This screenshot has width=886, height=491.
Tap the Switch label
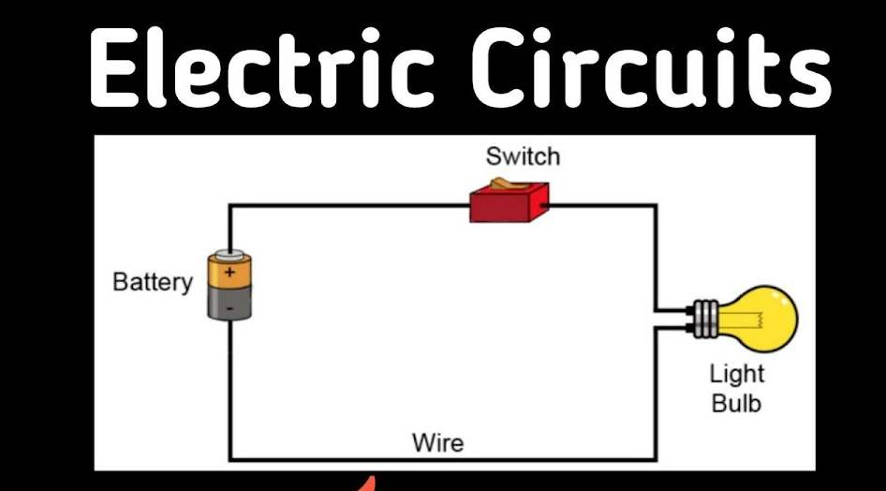(x=521, y=156)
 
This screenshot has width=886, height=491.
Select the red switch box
(x=508, y=203)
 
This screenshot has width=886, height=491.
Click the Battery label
(x=152, y=281)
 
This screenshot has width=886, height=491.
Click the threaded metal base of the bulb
(x=706, y=318)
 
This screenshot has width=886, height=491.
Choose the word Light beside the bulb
(x=737, y=374)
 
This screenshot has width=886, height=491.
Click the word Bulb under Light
(x=737, y=404)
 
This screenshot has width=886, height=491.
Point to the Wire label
(x=438, y=440)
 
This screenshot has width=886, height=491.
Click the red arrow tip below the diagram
(x=372, y=484)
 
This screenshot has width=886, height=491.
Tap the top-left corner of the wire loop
(x=230, y=205)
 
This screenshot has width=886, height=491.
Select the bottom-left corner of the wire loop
(x=230, y=459)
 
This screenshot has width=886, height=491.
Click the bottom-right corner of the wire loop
(x=655, y=459)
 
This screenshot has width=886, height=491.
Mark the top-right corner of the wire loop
(x=655, y=205)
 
